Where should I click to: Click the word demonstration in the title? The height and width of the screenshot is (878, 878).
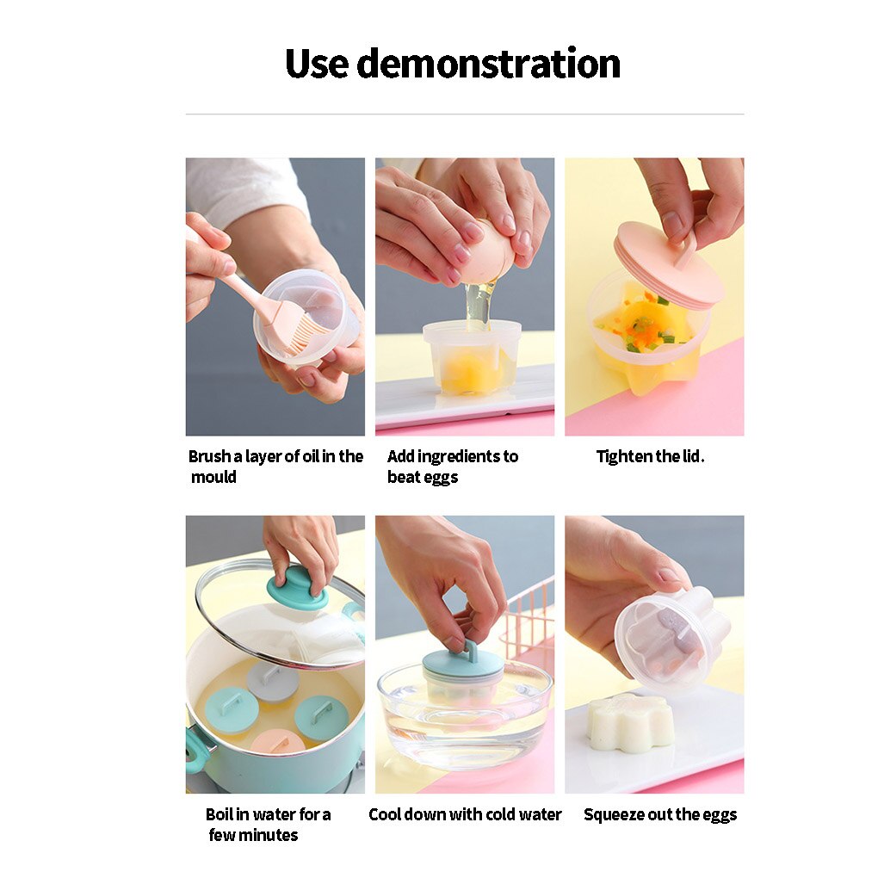click(x=488, y=64)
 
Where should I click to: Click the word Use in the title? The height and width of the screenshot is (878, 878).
click(x=316, y=64)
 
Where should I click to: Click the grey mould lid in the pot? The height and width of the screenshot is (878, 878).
click(x=273, y=679)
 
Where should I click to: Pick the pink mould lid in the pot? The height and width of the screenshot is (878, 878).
click(x=277, y=741)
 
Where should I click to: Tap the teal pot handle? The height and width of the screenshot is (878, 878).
click(x=197, y=750)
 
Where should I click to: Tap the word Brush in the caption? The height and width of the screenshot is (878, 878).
click(x=209, y=456)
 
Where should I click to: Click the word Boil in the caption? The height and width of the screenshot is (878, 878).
click(x=219, y=814)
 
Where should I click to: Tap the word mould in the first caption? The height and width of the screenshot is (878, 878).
click(x=213, y=477)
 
